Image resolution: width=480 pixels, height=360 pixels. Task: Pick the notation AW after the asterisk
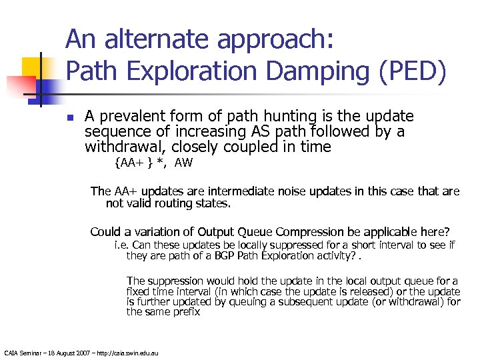[183, 163]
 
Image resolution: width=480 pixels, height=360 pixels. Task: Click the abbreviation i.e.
[121, 245]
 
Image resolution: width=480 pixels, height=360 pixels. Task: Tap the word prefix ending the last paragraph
[186, 311]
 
